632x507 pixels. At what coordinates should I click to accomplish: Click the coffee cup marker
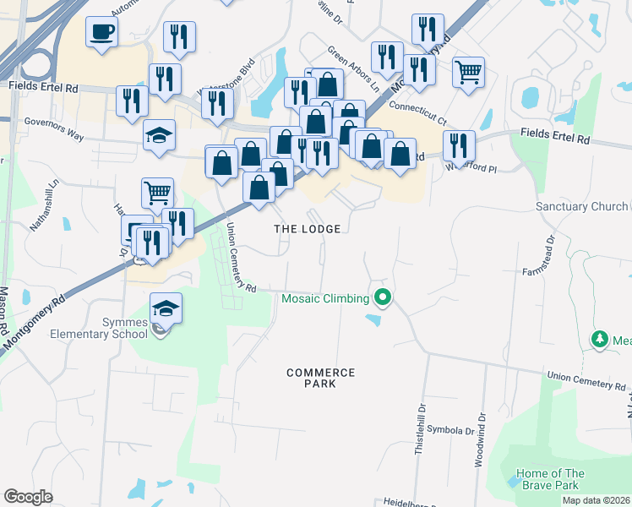click(x=101, y=33)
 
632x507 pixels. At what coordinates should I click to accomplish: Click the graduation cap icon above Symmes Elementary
click(x=166, y=308)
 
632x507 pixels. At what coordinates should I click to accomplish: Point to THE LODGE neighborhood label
click(x=308, y=229)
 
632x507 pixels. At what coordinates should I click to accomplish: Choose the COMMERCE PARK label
click(x=320, y=378)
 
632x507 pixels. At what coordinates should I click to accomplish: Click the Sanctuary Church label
click(x=582, y=207)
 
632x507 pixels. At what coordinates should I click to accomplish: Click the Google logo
click(x=28, y=497)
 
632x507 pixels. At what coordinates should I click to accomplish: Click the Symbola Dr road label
click(x=451, y=431)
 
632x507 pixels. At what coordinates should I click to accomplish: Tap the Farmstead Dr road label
click(x=550, y=254)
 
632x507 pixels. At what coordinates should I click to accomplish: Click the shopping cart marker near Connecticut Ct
click(x=467, y=72)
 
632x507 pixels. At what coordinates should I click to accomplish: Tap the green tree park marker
click(x=600, y=339)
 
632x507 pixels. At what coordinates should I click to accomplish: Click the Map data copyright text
click(x=595, y=500)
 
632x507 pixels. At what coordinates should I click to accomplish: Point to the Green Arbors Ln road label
click(x=353, y=69)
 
